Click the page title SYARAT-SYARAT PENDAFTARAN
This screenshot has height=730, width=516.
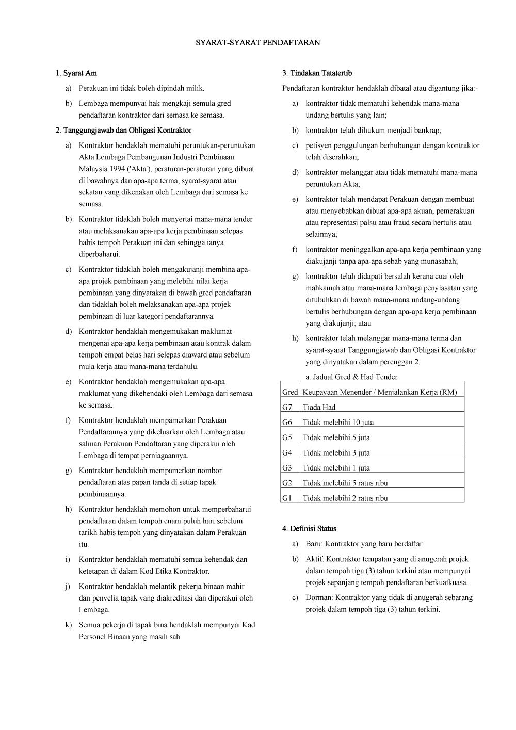pyautogui.click(x=257, y=43)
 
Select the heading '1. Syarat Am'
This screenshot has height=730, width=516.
pyautogui.click(x=76, y=73)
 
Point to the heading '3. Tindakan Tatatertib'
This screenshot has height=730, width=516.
pyautogui.click(x=317, y=73)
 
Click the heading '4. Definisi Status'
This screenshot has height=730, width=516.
pyautogui.click(x=309, y=529)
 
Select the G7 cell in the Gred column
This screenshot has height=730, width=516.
pyautogui.click(x=287, y=407)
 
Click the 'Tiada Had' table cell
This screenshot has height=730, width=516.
pyautogui.click(x=319, y=407)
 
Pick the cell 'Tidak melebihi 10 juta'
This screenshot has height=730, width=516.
pyautogui.click(x=338, y=423)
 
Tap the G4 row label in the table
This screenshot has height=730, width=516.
pyautogui.click(x=287, y=453)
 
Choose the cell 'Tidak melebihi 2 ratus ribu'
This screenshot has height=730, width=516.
pyautogui.click(x=345, y=498)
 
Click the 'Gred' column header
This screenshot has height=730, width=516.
pyautogui.click(x=290, y=392)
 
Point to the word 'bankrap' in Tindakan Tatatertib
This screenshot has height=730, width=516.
pyautogui.click(x=428, y=131)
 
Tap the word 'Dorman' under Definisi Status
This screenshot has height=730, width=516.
pyautogui.click(x=318, y=598)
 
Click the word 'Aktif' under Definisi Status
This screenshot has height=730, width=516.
pyautogui.click(x=314, y=559)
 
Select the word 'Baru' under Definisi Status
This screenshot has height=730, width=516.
pyautogui.click(x=313, y=544)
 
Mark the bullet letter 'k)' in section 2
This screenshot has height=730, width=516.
pyautogui.click(x=68, y=625)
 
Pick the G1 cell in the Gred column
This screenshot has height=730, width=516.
pyautogui.click(x=287, y=498)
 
